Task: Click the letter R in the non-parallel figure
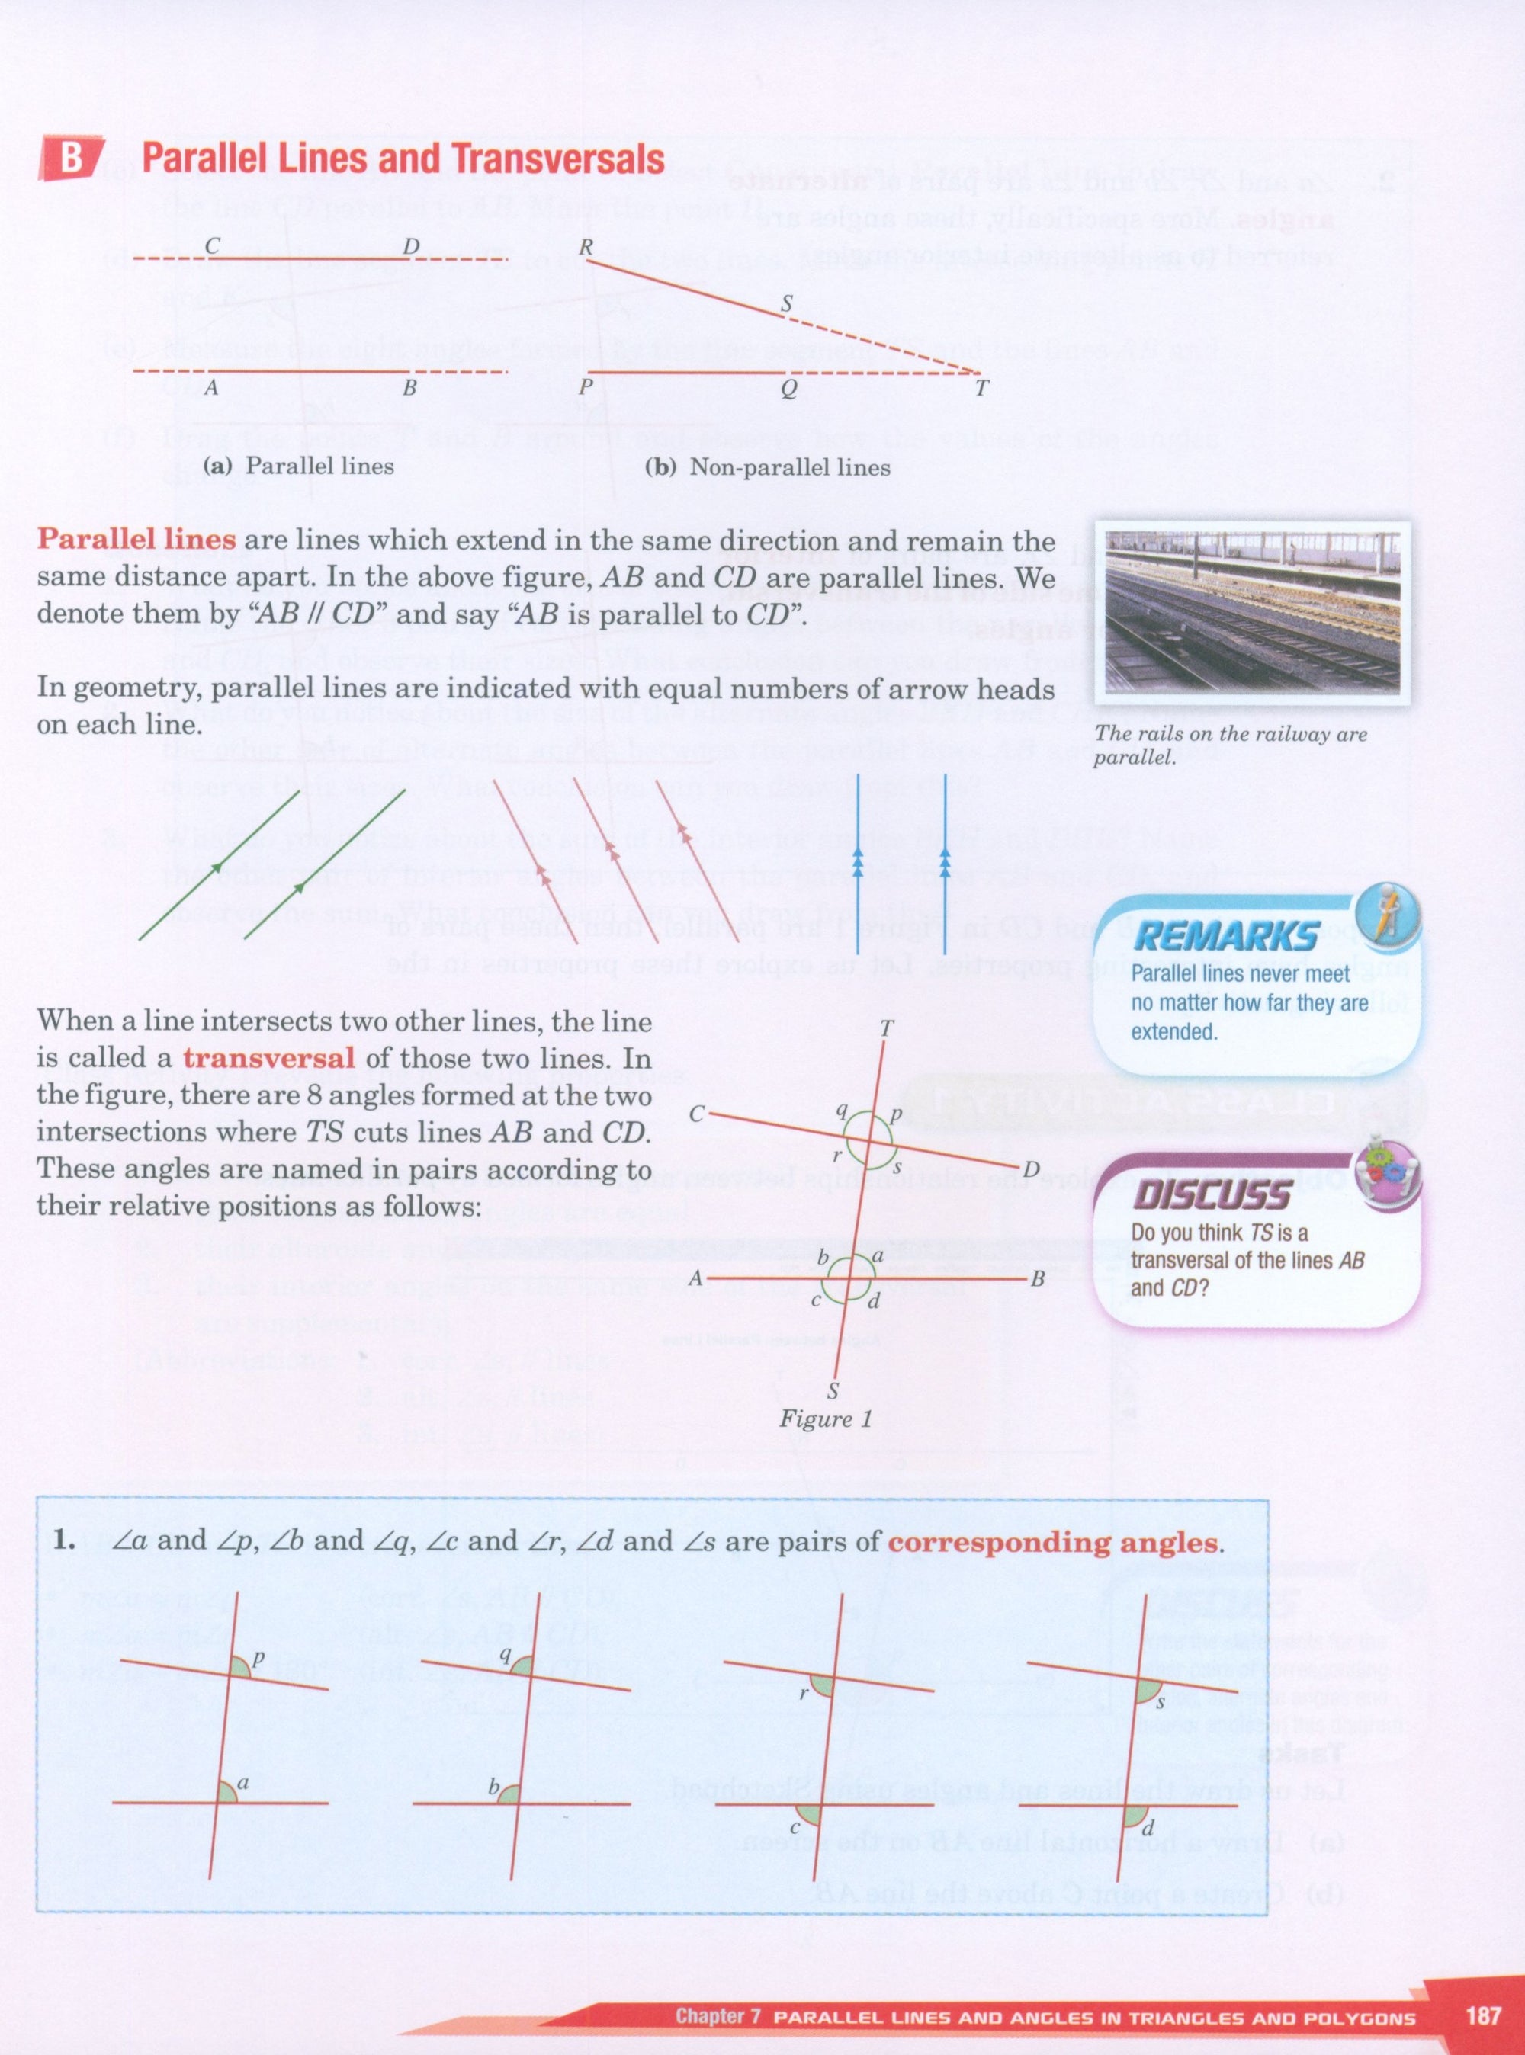pyautogui.click(x=586, y=246)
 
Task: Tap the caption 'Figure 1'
pyautogui.click(x=825, y=1419)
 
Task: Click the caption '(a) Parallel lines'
pyautogui.click(x=298, y=466)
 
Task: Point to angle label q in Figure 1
pyautogui.click(x=842, y=1111)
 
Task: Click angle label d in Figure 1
pyautogui.click(x=873, y=1302)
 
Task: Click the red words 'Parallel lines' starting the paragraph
pyautogui.click(x=136, y=539)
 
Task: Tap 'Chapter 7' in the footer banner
pyautogui.click(x=718, y=2016)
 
